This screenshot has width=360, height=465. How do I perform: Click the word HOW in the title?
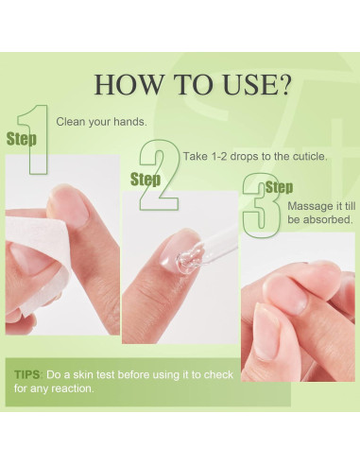click(126, 83)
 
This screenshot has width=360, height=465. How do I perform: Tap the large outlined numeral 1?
click(36, 139)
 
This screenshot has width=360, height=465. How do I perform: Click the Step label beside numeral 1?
click(22, 138)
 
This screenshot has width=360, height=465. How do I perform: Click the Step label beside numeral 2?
click(145, 179)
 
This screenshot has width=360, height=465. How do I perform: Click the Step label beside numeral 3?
click(279, 187)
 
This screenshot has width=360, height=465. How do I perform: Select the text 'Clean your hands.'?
click(101, 122)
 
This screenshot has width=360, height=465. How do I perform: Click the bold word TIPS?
click(27, 374)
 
